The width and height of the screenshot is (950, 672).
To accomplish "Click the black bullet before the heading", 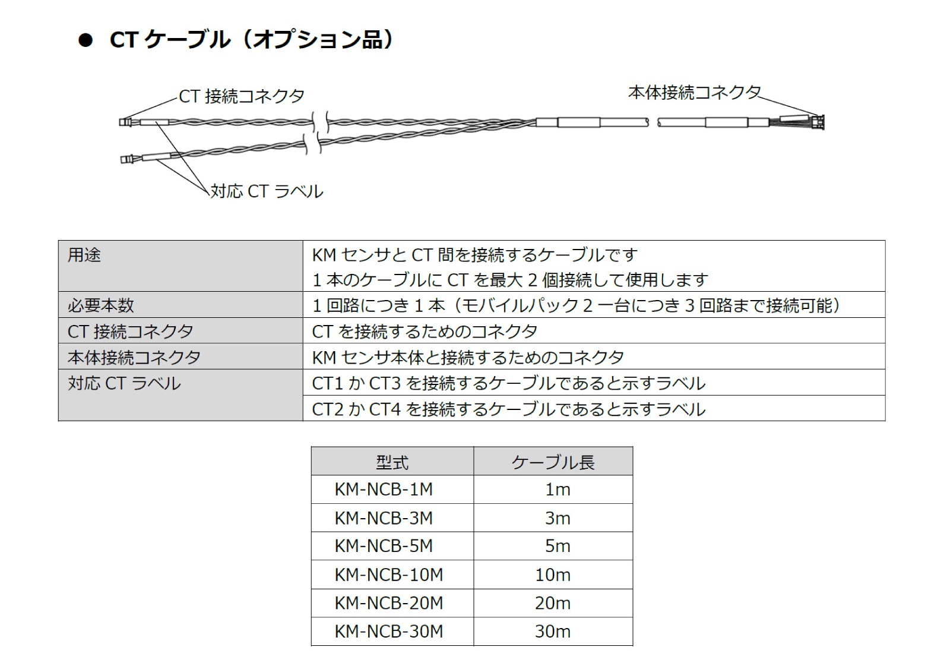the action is click(85, 41).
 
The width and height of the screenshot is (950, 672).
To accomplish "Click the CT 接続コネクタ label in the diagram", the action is click(241, 96).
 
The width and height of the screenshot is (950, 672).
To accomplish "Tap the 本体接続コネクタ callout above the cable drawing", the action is click(695, 92).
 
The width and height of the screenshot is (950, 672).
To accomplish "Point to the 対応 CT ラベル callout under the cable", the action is click(267, 191).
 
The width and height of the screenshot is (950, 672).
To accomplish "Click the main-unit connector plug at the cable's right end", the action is click(820, 122).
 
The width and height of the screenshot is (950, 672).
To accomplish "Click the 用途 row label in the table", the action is click(84, 255).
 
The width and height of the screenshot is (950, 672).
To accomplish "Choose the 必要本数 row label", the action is click(101, 305).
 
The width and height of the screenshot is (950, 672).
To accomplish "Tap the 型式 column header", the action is click(392, 462).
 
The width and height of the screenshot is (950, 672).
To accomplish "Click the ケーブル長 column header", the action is click(553, 462).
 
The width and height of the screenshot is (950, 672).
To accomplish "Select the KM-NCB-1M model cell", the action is click(384, 490).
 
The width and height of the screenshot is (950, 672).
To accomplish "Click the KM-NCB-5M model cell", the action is click(384, 546).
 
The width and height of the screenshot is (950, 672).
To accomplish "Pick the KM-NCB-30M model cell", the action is click(388, 631).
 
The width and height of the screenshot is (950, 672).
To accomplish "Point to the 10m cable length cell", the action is click(553, 575).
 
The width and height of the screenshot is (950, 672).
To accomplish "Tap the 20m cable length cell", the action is click(553, 603).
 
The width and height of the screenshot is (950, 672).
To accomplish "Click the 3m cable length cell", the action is click(558, 518).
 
